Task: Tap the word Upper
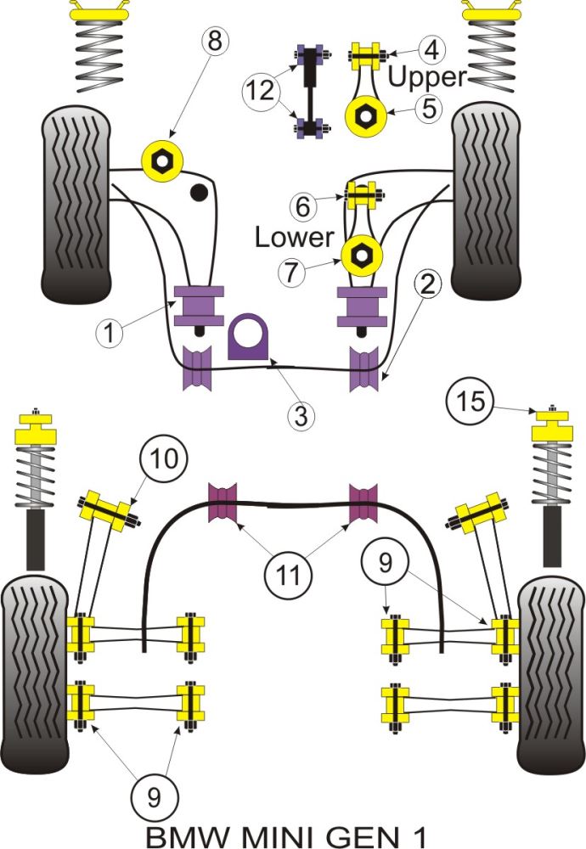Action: tap(427, 77)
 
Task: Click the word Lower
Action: tap(294, 238)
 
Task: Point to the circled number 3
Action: tap(300, 417)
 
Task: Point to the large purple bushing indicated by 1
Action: tap(199, 306)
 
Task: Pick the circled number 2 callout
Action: tap(427, 284)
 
